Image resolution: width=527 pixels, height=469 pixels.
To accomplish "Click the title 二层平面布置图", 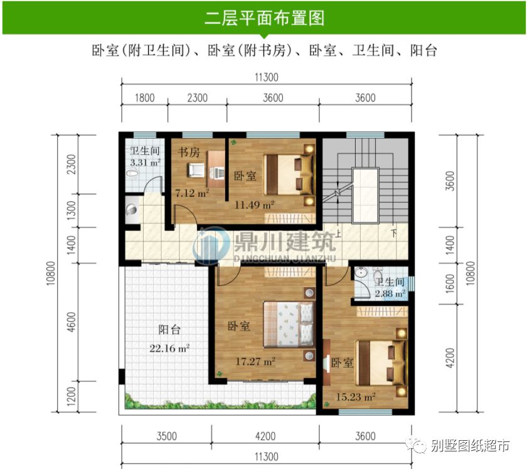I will (264, 18).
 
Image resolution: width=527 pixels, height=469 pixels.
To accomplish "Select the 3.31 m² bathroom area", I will (145, 162).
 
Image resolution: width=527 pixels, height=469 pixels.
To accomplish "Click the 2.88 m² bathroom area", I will (390, 293).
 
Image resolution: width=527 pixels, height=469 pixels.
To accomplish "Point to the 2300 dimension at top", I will (197, 98).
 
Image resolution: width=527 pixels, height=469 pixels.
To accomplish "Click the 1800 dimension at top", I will (144, 98).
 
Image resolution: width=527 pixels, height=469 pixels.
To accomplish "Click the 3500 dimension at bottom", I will (166, 436).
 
